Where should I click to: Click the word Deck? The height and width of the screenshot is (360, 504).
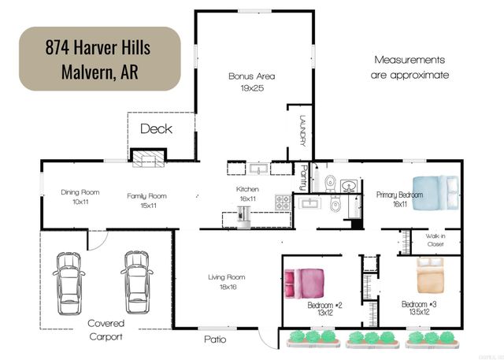[156, 128]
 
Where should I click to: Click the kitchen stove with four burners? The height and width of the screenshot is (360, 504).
[282, 202]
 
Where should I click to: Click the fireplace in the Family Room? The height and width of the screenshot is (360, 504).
[147, 160]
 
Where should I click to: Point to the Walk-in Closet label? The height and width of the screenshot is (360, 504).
[435, 239]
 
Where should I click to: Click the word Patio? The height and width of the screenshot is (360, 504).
[215, 340]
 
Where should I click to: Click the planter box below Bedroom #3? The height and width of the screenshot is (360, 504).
[431, 338]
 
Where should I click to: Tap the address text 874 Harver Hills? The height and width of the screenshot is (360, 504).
[98, 46]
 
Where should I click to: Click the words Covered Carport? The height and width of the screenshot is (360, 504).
[105, 329]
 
